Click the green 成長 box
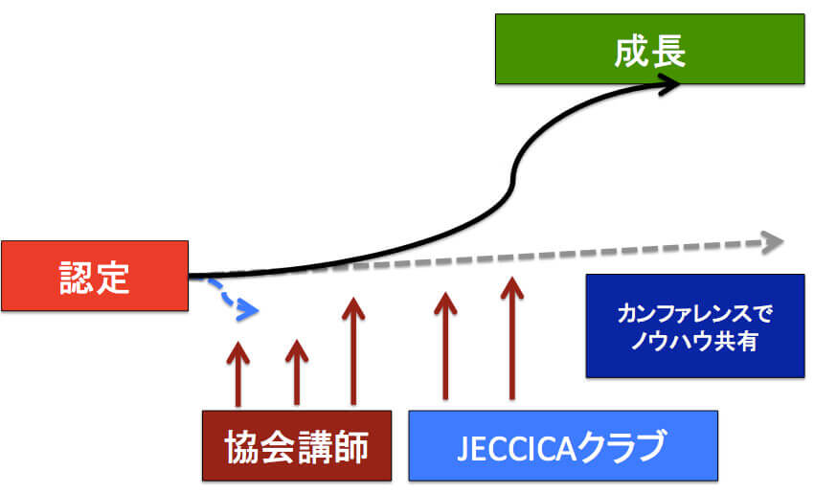pyautogui.click(x=648, y=48)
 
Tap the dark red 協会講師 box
pyautogui.click(x=297, y=445)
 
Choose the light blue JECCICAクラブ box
pyautogui.click(x=563, y=445)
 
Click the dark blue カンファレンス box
pyautogui.click(x=694, y=325)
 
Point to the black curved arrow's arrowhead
pyautogui.click(x=671, y=84)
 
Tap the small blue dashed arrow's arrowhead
pyautogui.click(x=250, y=309)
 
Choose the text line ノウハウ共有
pyautogui.click(x=694, y=341)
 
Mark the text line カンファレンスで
pyautogui.click(x=694, y=314)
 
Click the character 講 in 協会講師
pyautogui.click(x=314, y=447)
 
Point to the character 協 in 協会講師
pyautogui.click(x=243, y=447)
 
